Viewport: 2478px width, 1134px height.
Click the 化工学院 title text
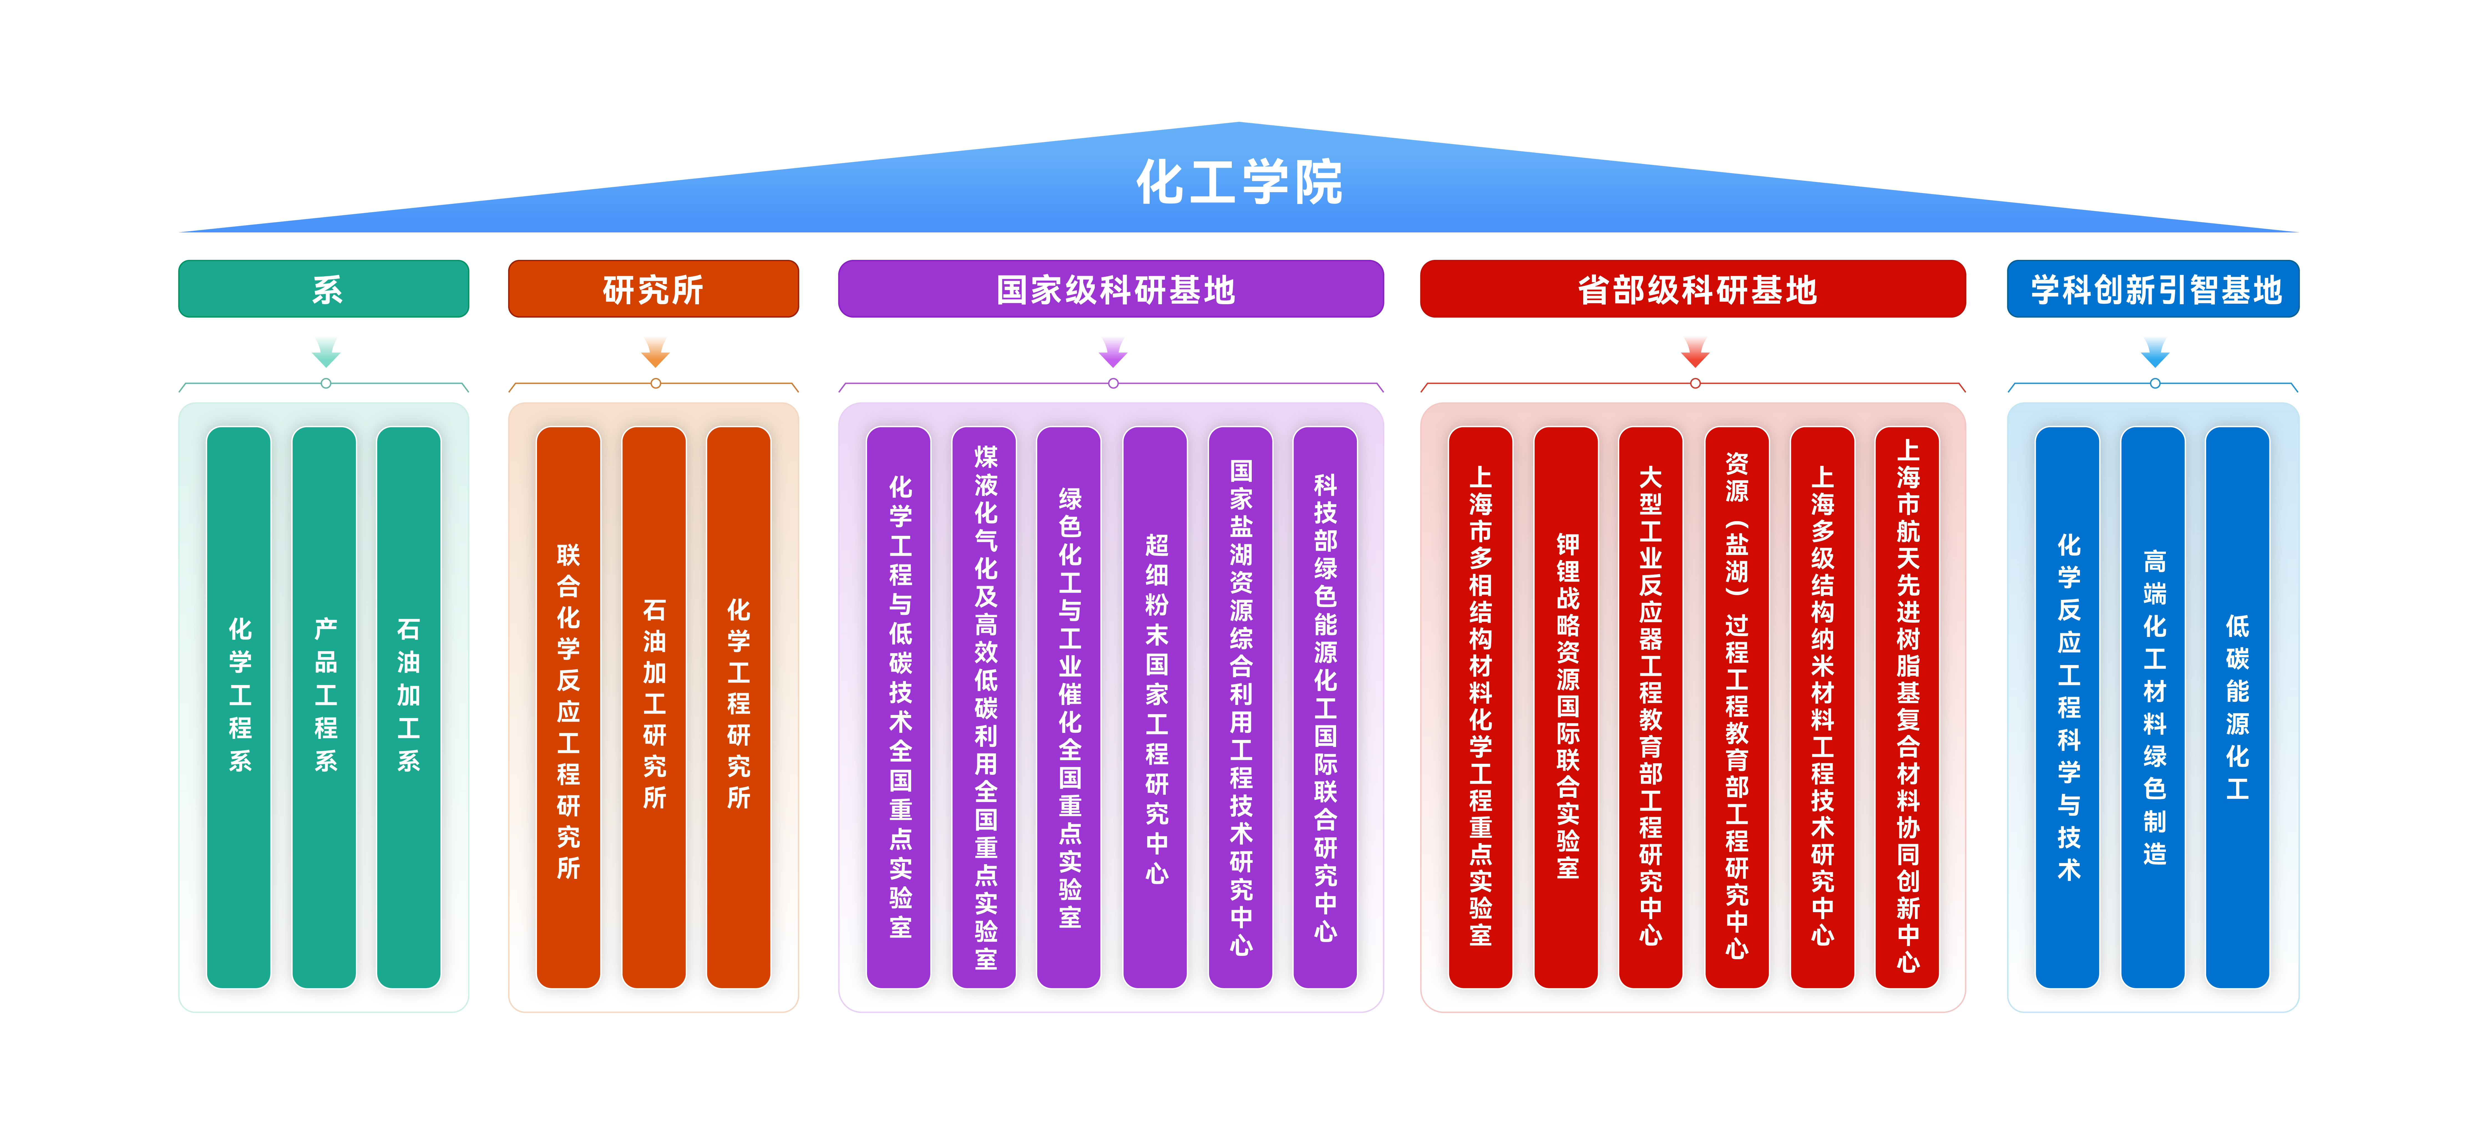(x=1239, y=183)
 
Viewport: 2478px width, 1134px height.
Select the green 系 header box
(x=324, y=288)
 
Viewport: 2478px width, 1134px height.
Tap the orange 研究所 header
(x=653, y=288)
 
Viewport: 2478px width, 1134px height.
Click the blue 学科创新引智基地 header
(x=2153, y=288)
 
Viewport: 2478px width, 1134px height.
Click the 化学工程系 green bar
(x=240, y=707)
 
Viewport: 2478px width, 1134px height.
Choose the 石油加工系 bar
(x=409, y=707)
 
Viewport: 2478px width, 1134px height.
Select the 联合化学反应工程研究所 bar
(x=569, y=707)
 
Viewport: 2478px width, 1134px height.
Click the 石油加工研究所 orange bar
(x=654, y=707)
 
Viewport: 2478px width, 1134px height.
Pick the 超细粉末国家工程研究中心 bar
(x=1155, y=707)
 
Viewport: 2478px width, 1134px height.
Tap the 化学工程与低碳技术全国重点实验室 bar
(x=900, y=707)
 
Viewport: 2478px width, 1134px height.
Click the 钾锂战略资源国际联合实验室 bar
(x=1566, y=707)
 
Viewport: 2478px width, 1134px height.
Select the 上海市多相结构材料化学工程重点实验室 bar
(x=1481, y=707)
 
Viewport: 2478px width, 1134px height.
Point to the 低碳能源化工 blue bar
(x=2238, y=707)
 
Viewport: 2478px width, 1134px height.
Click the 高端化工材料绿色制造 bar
(x=2153, y=707)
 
